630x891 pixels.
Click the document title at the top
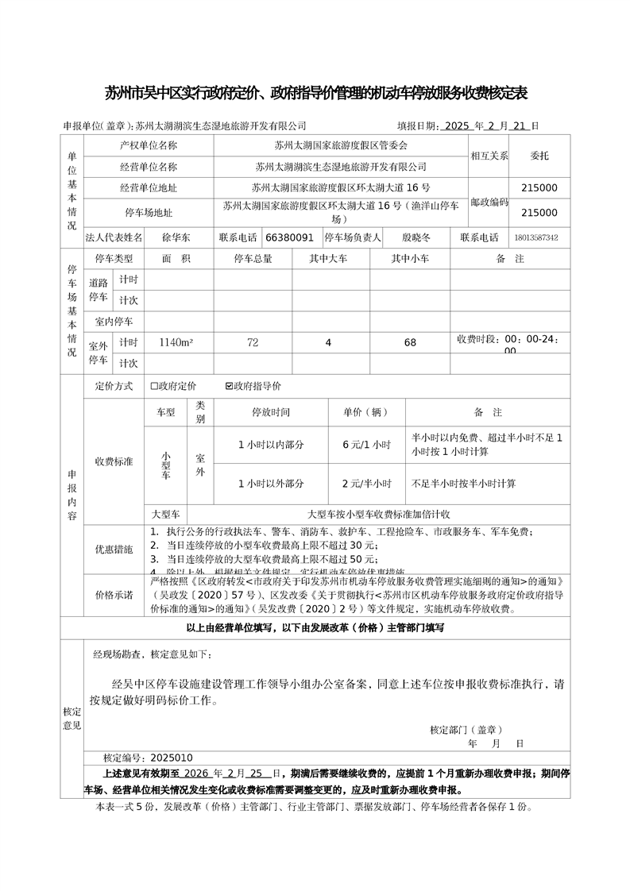pyautogui.click(x=316, y=94)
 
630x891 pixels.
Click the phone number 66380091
pyautogui.click(x=289, y=237)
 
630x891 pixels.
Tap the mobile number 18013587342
pyautogui.click(x=536, y=237)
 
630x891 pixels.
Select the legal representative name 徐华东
pyautogui.click(x=176, y=237)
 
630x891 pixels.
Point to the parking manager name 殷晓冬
pyautogui.click(x=415, y=237)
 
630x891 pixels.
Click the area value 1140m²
pyautogui.click(x=176, y=342)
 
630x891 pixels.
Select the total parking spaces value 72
pyautogui.click(x=253, y=342)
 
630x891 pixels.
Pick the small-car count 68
pyautogui.click(x=410, y=342)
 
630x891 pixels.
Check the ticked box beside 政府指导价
pyautogui.click(x=230, y=386)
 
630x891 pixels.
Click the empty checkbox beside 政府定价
pyautogui.click(x=155, y=386)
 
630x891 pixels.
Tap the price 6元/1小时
pyautogui.click(x=366, y=445)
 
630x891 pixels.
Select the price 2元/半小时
pyautogui.click(x=366, y=483)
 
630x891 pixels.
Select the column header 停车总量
pyautogui.click(x=253, y=259)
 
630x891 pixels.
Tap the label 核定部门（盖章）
pyautogui.click(x=466, y=729)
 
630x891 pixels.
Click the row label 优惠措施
pyautogui.click(x=114, y=549)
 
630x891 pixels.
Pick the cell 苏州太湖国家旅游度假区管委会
pyautogui.click(x=341, y=145)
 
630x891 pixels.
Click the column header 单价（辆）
pyautogui.click(x=365, y=412)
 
